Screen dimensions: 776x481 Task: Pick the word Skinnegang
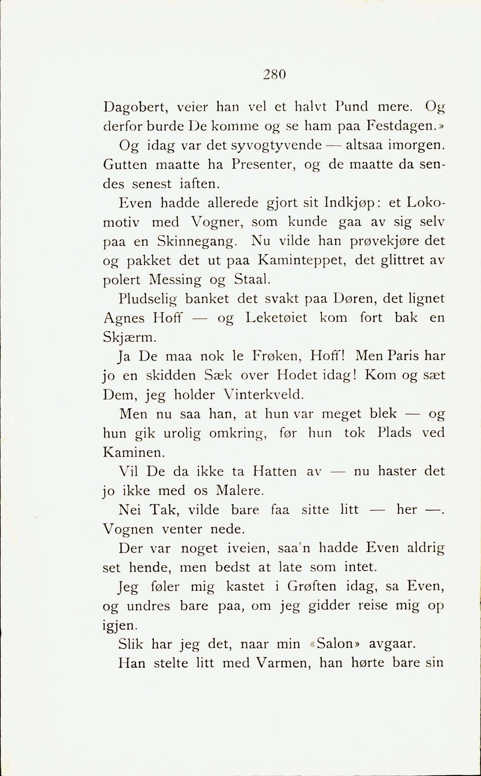click(x=197, y=242)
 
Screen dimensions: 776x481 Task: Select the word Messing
click(x=175, y=280)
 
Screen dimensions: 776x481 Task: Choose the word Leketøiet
click(x=277, y=318)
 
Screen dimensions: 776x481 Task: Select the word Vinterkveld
click(x=263, y=395)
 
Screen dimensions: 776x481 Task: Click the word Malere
click(x=240, y=491)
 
